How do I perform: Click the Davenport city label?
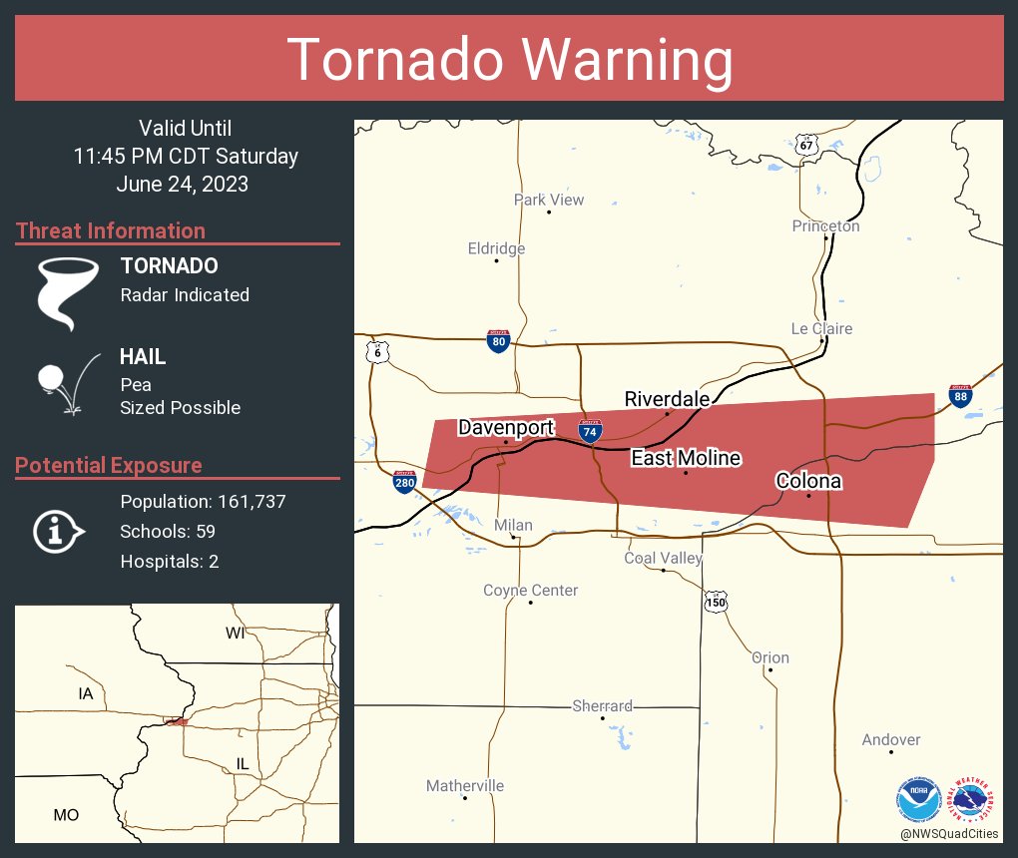coord(506,428)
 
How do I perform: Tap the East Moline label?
coord(686,458)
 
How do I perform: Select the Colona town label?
coord(808,481)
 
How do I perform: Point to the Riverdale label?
coord(667,399)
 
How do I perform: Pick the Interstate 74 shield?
coord(590,431)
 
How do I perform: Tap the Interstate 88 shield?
coord(960,395)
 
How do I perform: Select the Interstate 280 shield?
coord(405,483)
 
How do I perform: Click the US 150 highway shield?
coord(715,602)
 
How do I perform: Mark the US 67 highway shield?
coord(807,145)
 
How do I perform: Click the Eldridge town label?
coord(496,248)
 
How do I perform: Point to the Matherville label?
coord(465,786)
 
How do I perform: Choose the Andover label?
coord(891,739)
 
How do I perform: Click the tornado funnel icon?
coord(66,292)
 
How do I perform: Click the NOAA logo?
coord(918,800)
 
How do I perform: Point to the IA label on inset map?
coord(86,692)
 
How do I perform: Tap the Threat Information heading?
coord(111,230)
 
